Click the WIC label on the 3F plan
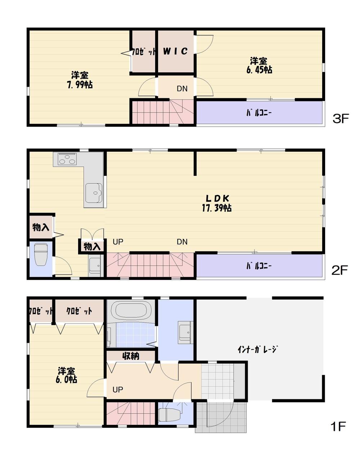coord(175,51)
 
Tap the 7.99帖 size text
coord(79,85)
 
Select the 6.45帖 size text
coord(259,70)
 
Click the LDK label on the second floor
coord(217,198)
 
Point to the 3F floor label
coord(341,118)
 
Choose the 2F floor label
coord(341,270)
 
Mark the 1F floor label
coord(338,427)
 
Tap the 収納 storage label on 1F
coord(131,356)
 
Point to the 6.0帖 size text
coord(66,380)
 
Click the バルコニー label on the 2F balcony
coord(259,266)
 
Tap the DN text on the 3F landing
coord(182,88)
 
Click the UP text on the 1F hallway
coord(118,390)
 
